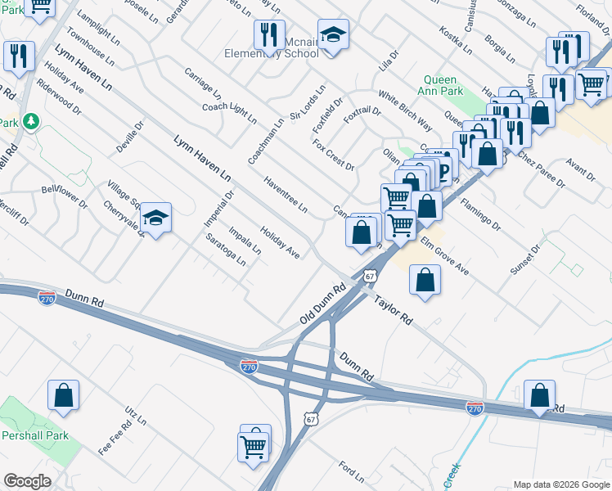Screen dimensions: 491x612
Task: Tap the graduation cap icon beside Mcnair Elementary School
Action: [x=331, y=35]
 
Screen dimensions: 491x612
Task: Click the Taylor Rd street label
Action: [x=394, y=310]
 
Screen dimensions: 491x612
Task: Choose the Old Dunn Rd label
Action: [x=324, y=303]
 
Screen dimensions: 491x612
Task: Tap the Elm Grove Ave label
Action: [x=445, y=255]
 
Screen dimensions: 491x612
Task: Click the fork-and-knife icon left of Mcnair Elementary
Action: [x=265, y=35]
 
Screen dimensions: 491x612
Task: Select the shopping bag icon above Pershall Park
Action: [x=63, y=396]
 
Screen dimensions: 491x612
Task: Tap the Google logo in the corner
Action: [x=27, y=481]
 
